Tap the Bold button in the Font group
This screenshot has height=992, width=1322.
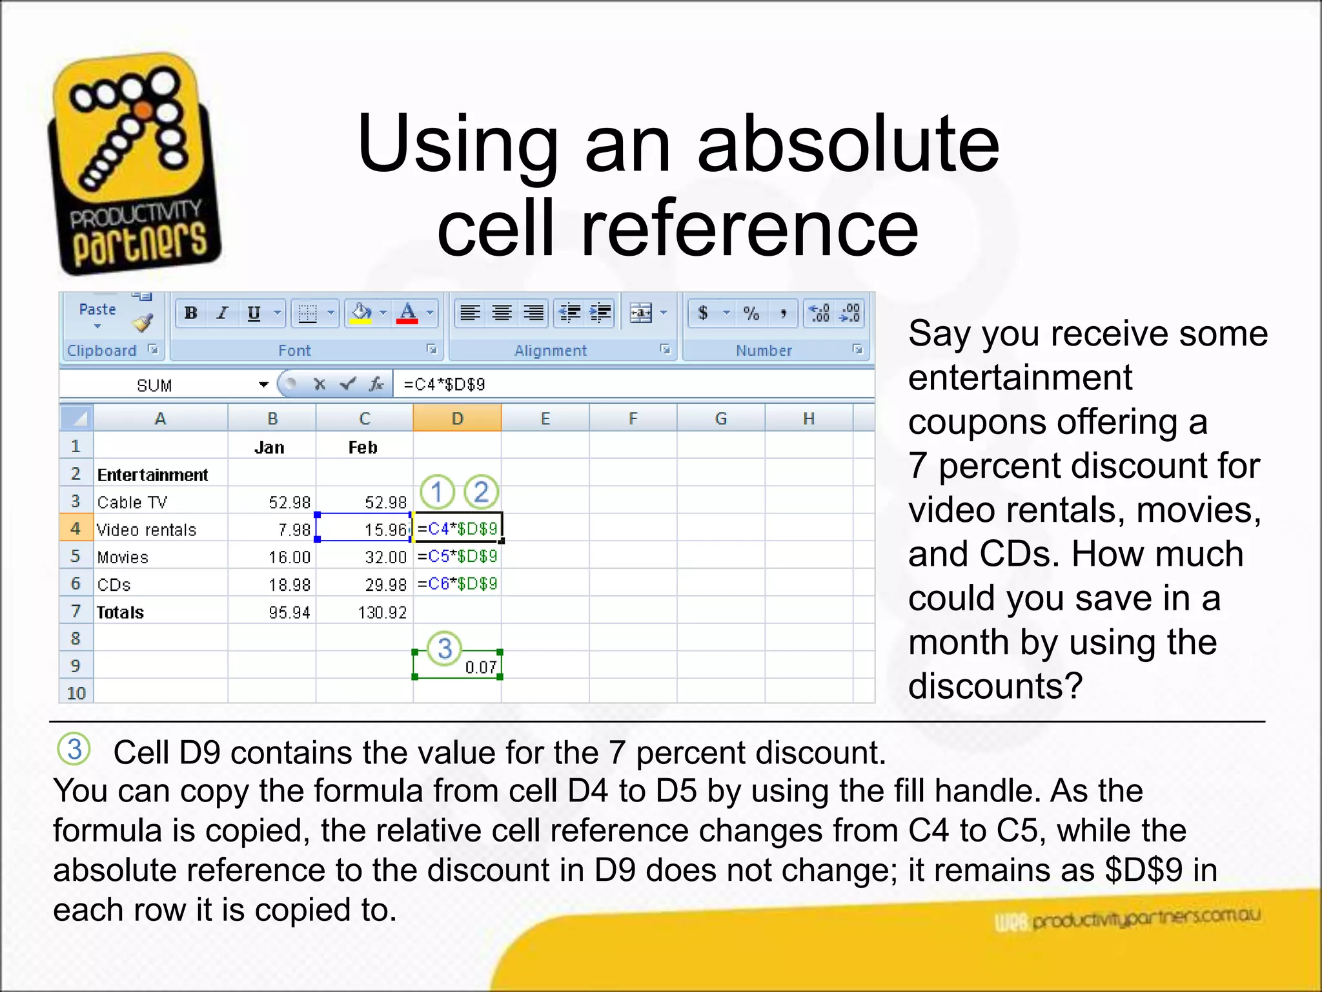click(x=191, y=313)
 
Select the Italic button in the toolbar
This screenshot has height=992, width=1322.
click(x=223, y=313)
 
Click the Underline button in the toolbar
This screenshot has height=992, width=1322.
click(x=254, y=313)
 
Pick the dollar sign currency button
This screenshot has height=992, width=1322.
click(x=703, y=313)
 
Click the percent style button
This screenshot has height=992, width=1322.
click(x=751, y=313)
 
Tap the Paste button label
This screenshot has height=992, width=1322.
click(x=97, y=309)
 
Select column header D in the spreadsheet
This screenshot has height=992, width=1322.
click(x=457, y=418)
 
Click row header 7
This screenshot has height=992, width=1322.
click(x=76, y=611)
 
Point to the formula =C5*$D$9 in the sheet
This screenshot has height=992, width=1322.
click(x=457, y=556)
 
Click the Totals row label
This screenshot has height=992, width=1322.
click(x=120, y=612)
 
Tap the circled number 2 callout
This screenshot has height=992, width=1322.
click(x=481, y=492)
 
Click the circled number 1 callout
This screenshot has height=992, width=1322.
click(x=437, y=492)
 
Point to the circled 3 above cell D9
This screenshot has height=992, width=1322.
click(x=445, y=648)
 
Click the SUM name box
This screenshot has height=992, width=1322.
click(x=155, y=386)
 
